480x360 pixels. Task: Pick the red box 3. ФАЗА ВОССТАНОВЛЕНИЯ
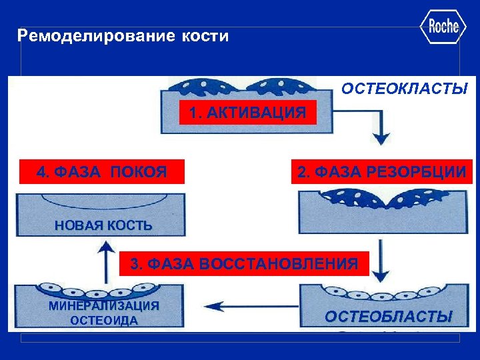[x=244, y=263]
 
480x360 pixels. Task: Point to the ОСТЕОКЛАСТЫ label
[x=405, y=89]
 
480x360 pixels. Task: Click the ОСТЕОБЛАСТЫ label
[x=388, y=316]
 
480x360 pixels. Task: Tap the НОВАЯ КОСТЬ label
[x=103, y=226]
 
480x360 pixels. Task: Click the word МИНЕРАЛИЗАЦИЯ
[x=103, y=306]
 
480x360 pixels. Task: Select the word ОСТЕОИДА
[x=103, y=321]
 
